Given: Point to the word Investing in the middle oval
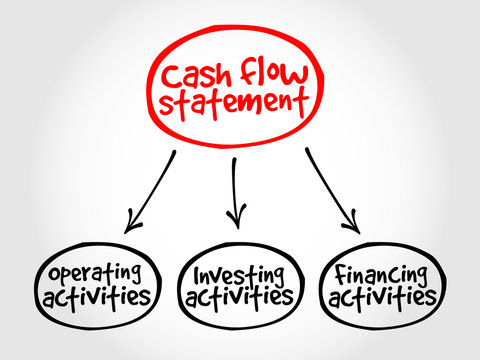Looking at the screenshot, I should pyautogui.click(x=236, y=273).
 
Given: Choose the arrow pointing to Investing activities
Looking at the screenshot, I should pyautogui.click(x=235, y=190).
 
